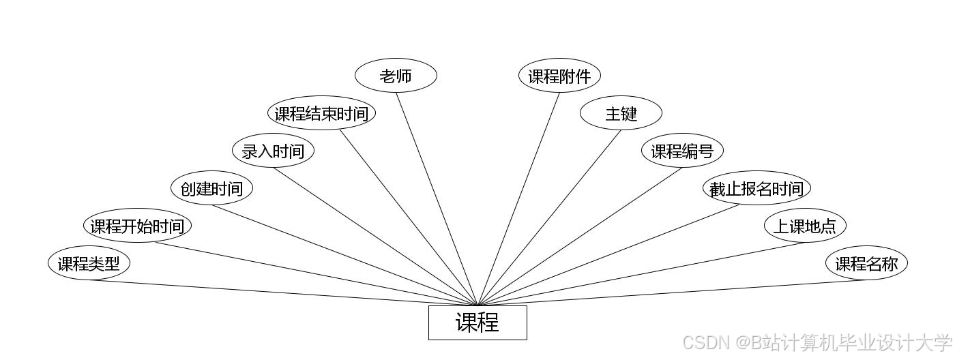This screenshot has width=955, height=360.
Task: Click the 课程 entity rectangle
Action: click(x=477, y=322)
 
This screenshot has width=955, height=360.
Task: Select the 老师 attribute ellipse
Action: click(x=396, y=76)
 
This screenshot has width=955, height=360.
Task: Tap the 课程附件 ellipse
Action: click(x=559, y=76)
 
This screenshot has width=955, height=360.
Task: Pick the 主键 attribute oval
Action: click(x=621, y=113)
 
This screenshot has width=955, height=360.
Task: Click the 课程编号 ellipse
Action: click(x=682, y=151)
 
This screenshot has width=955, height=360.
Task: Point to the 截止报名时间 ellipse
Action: click(x=756, y=188)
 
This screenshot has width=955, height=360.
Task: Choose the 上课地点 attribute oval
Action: click(x=805, y=226)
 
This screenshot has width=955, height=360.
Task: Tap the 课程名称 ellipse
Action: click(x=866, y=263)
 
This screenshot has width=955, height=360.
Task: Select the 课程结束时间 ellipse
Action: click(x=321, y=113)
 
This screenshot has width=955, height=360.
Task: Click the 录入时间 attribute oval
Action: click(x=273, y=151)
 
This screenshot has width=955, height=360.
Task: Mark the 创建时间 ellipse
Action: click(x=211, y=188)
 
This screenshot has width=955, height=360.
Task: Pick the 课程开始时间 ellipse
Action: click(x=137, y=226)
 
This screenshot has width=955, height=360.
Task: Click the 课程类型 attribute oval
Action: click(x=89, y=263)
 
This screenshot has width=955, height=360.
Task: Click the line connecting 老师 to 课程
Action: click(x=437, y=198)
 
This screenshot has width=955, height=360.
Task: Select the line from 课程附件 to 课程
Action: click(x=518, y=198)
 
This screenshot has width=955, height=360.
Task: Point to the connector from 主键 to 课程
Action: click(x=550, y=217)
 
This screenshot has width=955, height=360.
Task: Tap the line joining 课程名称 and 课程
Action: click(x=672, y=292)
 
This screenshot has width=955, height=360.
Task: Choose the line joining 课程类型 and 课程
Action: click(x=283, y=292)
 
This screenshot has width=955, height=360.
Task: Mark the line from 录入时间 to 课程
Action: click(x=375, y=236)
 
